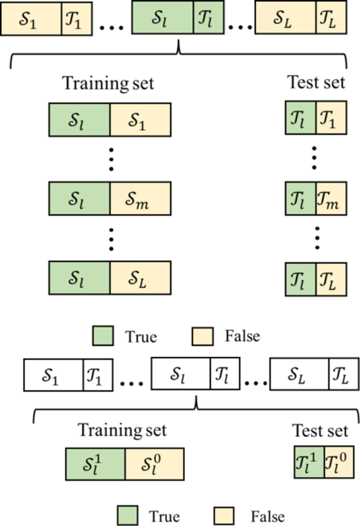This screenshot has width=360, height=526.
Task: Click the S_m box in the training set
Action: pos(140,196)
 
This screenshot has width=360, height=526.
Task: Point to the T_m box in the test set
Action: pos(331,196)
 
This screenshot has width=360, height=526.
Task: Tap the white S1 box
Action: pos(53,374)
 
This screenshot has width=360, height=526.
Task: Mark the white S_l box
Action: pos(180,374)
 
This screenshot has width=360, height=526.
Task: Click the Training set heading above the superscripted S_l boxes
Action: pos(122,430)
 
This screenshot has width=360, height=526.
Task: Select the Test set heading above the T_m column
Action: pos(316,83)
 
